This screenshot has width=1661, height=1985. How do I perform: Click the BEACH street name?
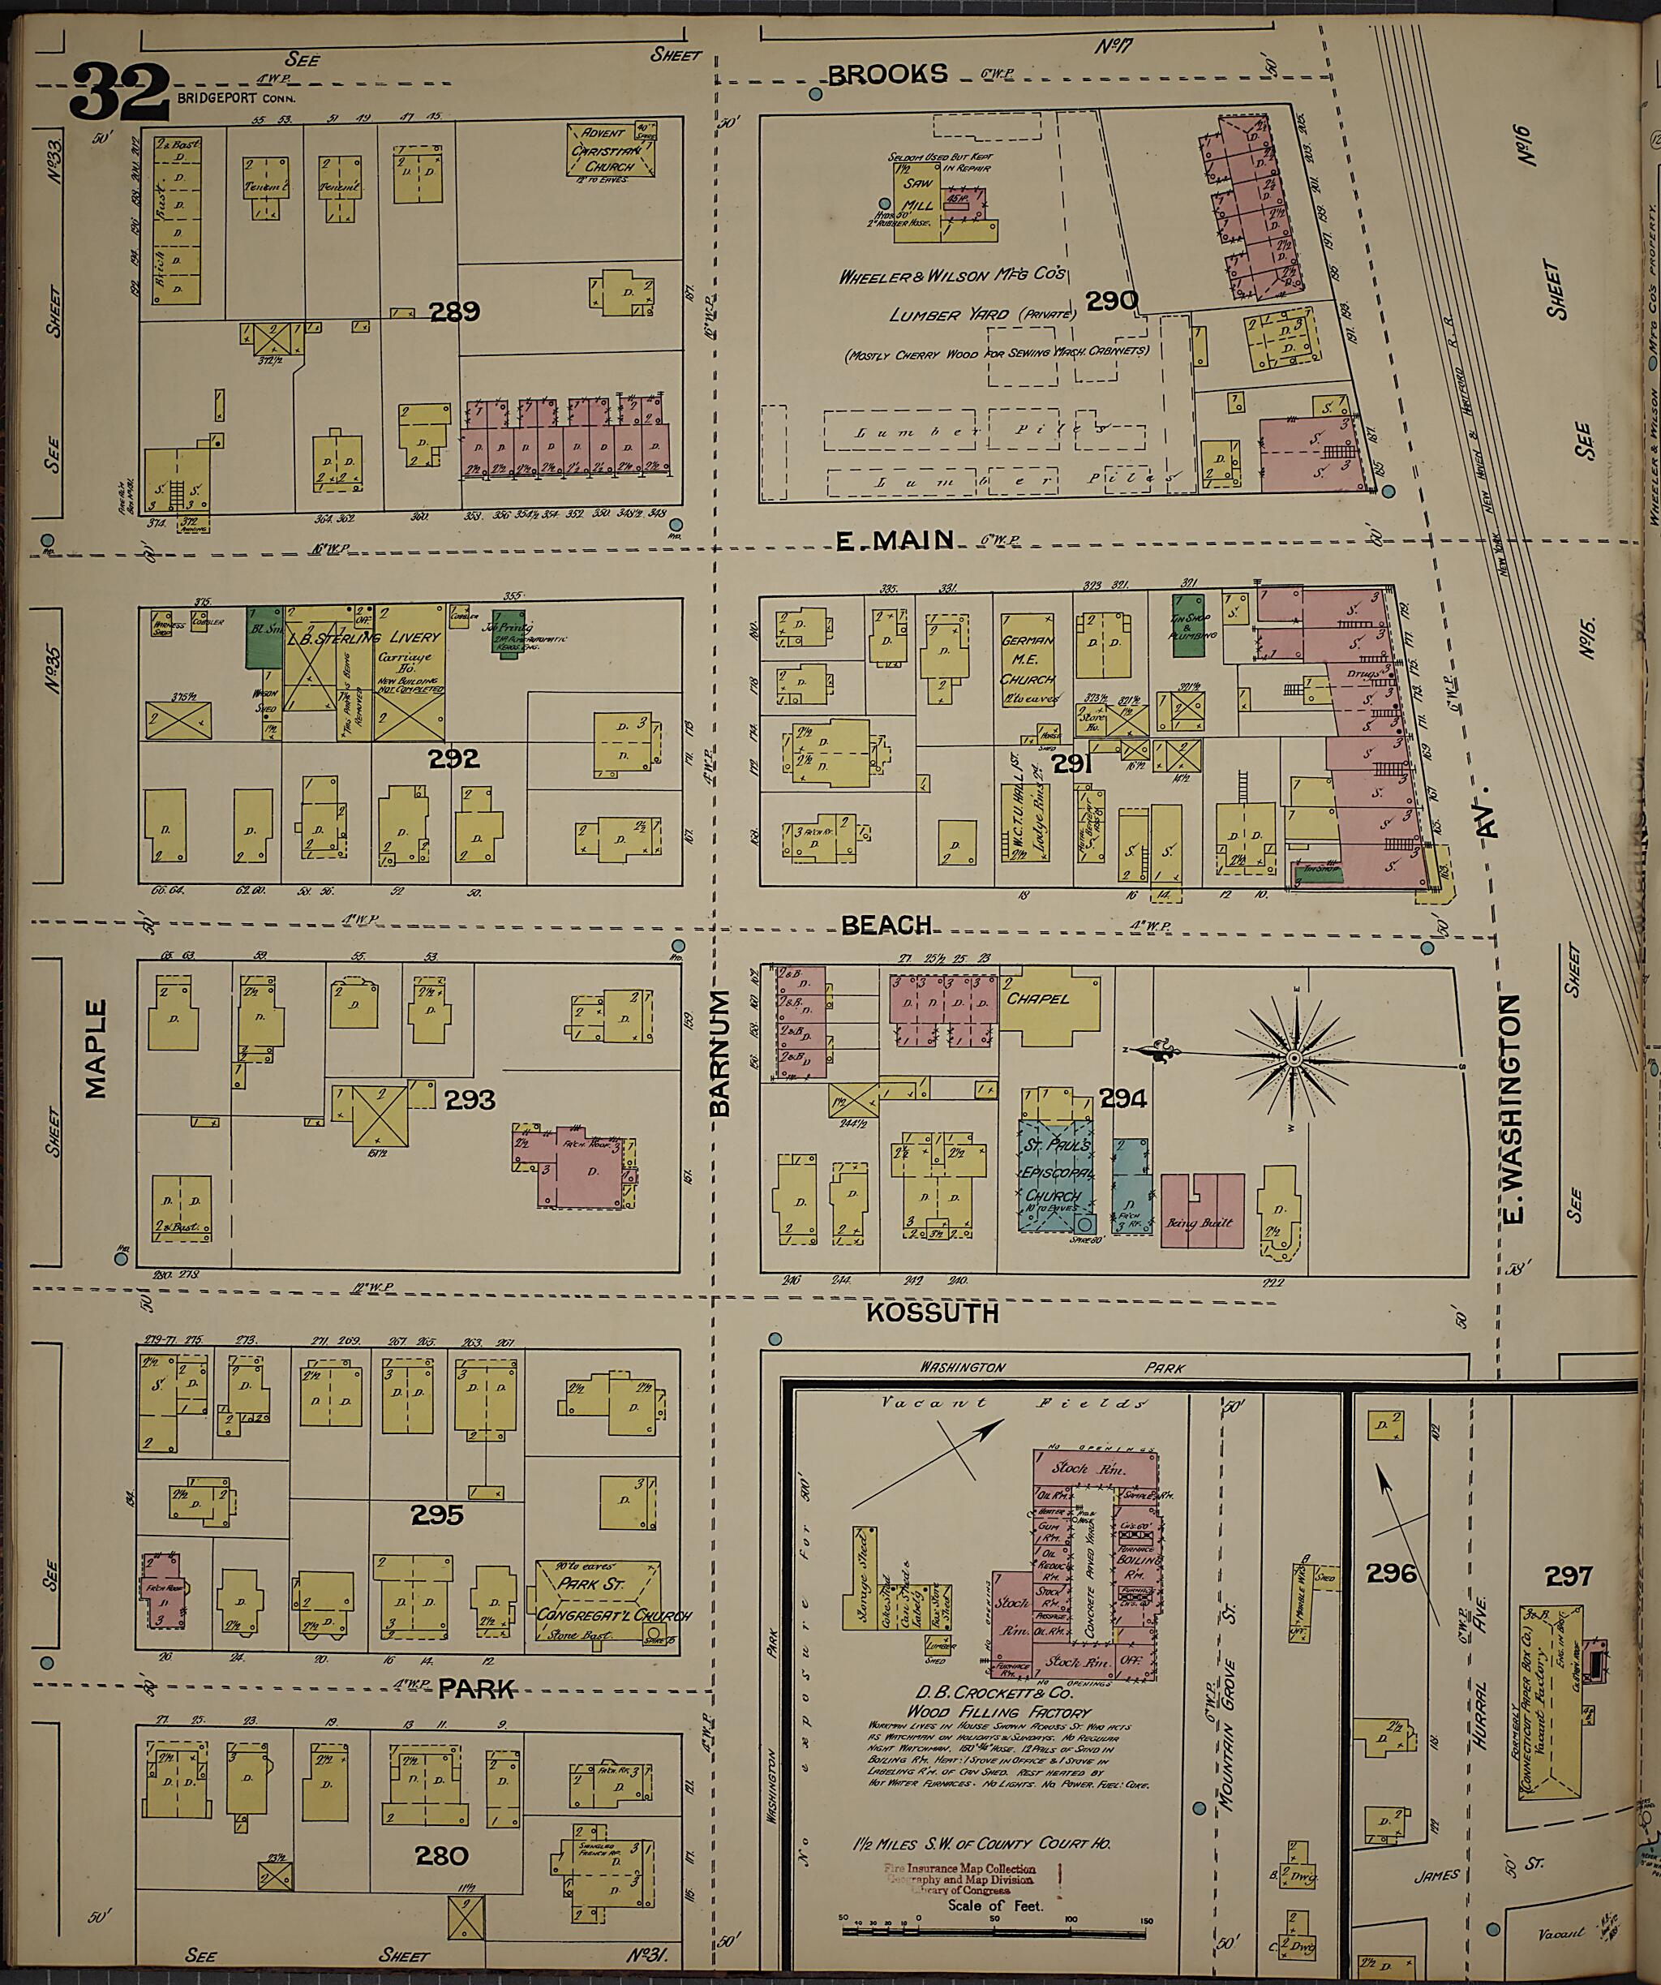886,925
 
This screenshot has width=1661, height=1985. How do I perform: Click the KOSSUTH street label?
932,1313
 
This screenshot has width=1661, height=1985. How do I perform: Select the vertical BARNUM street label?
721,1053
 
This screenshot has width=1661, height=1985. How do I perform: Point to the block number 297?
1569,1575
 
